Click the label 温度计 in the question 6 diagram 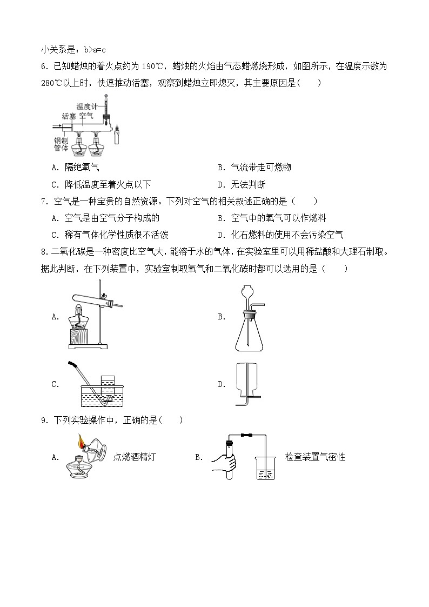point(86,106)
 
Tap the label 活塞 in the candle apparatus point(69,116)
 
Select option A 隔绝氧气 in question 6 point(82,168)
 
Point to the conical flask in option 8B point(249,335)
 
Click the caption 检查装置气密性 point(315,457)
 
